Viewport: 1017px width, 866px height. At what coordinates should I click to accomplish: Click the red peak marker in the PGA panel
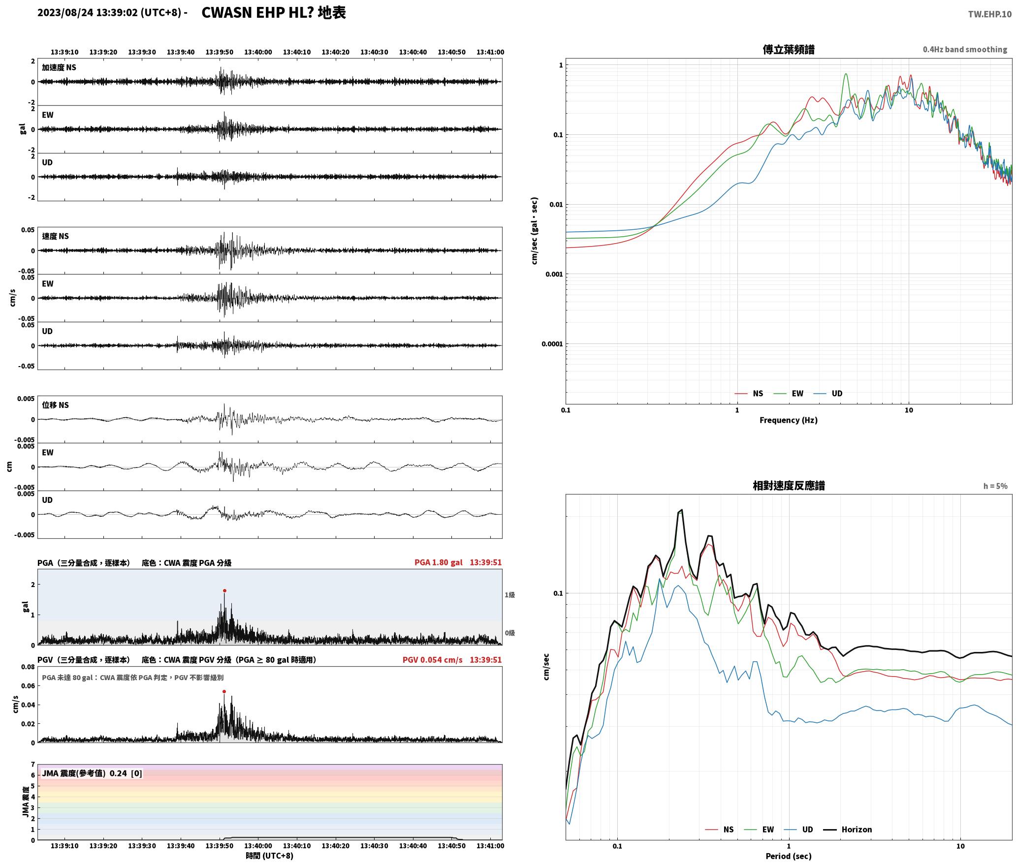pos(224,590)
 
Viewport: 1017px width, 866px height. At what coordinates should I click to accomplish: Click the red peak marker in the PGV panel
pos(224,691)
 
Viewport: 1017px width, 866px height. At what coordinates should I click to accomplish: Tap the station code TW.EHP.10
pos(990,14)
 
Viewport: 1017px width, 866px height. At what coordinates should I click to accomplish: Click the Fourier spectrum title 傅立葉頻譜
pos(789,49)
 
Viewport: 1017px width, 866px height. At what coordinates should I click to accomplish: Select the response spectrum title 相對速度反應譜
pos(789,486)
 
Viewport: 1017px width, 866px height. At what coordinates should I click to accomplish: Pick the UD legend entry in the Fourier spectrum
pos(828,394)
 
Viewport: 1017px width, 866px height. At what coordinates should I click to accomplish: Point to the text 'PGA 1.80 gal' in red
pos(439,562)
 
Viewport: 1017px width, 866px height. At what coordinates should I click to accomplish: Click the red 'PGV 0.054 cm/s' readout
pos(433,660)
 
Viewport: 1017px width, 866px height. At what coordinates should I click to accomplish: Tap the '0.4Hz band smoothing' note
pos(965,50)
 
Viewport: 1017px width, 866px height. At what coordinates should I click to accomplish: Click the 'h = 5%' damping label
pos(995,486)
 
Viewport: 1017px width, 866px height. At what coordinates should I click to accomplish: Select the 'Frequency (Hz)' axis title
pos(789,420)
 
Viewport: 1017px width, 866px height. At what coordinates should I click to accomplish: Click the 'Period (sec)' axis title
pos(789,857)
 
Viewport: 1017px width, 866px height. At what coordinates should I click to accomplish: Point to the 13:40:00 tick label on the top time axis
pos(258,52)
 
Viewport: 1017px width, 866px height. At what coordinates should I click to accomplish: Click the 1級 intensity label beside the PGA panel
pos(509,595)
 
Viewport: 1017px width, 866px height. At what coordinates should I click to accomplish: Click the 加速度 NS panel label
pos(59,67)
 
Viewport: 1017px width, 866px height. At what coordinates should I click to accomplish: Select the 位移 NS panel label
pos(55,405)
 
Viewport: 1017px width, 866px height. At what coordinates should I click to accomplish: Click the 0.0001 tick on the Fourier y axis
pos(552,344)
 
